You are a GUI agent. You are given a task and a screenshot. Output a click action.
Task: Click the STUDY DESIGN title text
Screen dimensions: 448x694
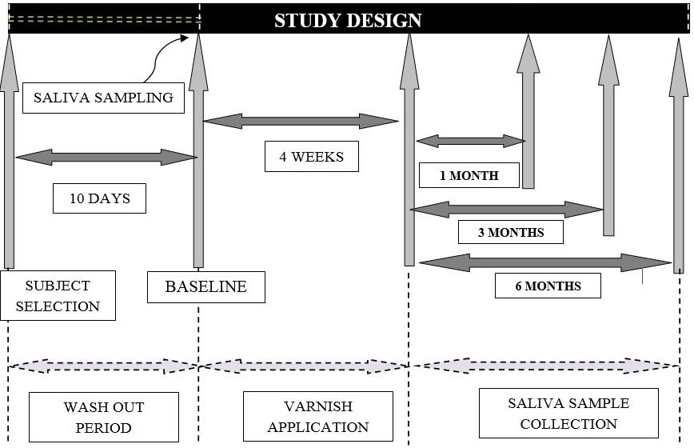(348, 21)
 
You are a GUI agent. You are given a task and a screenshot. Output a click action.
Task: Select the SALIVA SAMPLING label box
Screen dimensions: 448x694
(103, 98)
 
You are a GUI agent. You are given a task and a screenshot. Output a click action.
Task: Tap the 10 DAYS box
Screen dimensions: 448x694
(99, 198)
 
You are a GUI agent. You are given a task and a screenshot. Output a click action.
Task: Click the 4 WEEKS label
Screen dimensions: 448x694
(311, 156)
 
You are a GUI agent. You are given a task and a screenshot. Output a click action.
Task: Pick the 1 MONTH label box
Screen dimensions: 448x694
(469, 175)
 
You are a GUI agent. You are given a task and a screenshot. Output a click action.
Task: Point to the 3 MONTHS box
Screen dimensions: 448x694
(510, 232)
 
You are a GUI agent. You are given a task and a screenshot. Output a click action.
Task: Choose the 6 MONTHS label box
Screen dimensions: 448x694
(547, 286)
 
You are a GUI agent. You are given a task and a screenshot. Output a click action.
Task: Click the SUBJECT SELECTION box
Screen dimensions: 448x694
(58, 295)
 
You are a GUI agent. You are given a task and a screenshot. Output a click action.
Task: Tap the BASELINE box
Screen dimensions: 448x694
(205, 286)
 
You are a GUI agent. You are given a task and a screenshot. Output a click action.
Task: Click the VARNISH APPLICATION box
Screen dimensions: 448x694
(317, 416)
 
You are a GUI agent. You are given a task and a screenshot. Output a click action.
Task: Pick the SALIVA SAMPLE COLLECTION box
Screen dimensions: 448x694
(568, 413)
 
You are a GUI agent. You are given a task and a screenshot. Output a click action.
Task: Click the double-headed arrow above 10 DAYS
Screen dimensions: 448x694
(106, 157)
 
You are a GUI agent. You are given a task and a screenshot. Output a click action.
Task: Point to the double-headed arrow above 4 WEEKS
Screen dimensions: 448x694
(301, 121)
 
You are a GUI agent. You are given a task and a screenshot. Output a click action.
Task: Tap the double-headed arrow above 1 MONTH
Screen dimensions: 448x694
(470, 141)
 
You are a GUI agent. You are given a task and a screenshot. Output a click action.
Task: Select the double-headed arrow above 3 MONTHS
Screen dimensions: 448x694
(506, 210)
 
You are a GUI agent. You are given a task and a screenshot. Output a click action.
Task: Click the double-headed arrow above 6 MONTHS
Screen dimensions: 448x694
(544, 262)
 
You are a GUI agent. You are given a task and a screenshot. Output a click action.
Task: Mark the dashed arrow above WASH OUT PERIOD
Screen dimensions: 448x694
(102, 366)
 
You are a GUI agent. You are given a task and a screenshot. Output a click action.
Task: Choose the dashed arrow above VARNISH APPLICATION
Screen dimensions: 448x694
(304, 366)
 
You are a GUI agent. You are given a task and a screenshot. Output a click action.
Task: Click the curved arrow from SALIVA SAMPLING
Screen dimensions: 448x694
(163, 56)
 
